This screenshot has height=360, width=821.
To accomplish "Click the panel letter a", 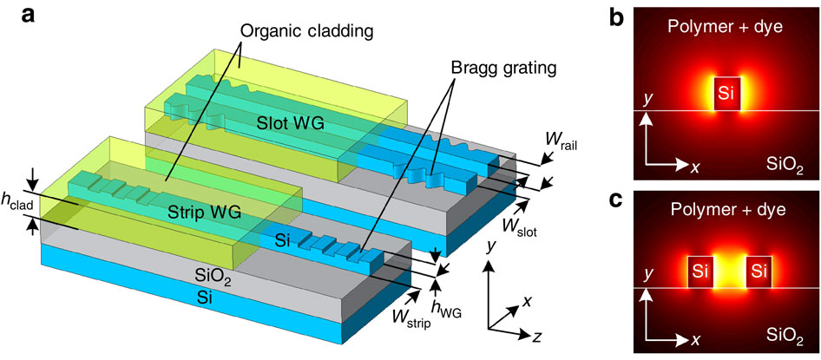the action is [x=29, y=16].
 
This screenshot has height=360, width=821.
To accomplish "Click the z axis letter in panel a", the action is [x=535, y=337].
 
